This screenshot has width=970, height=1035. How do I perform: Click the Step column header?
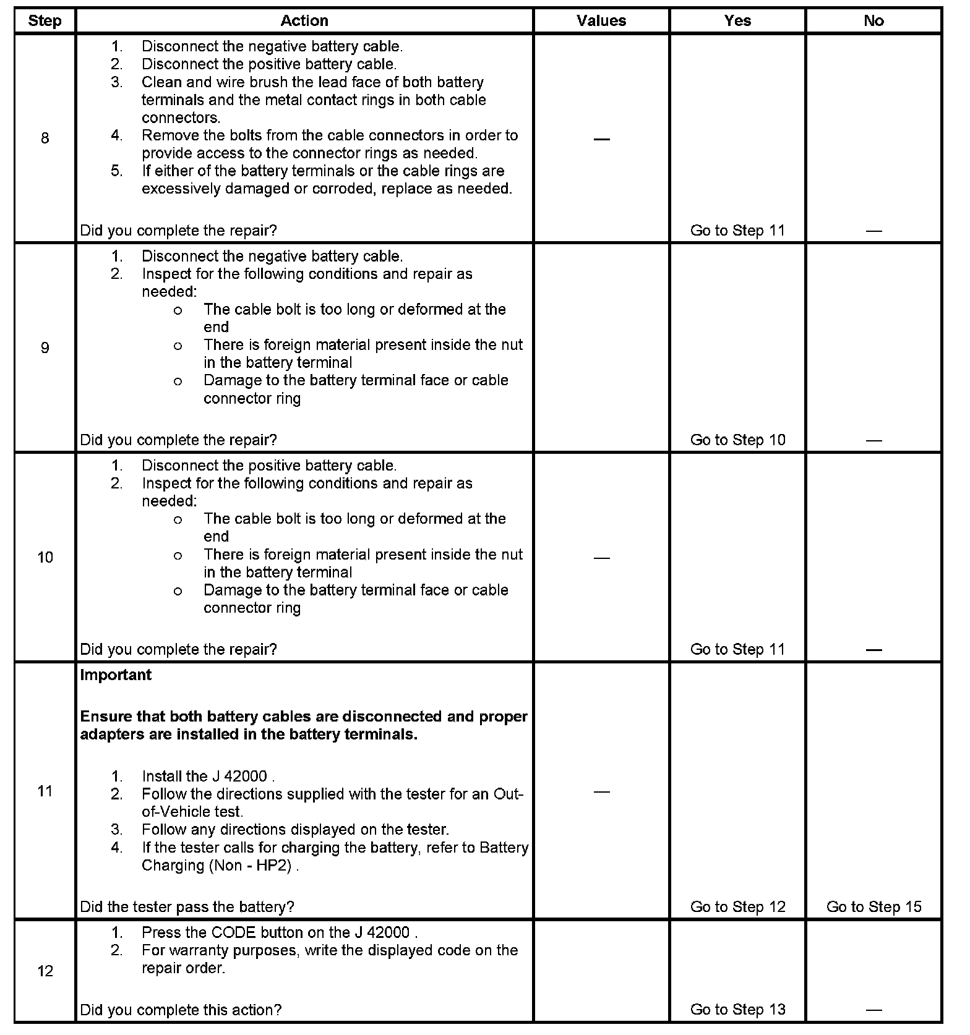tap(45, 21)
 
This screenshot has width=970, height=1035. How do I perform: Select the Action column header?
tap(304, 21)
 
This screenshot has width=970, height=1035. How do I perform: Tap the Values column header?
tap(601, 21)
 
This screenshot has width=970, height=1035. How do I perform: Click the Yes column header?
tap(737, 21)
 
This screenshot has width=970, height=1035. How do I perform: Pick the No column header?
tap(873, 21)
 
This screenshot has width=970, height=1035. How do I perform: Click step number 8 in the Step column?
tap(45, 138)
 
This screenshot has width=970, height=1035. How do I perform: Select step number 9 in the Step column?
tap(45, 348)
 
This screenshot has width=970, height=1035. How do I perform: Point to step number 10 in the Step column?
tap(45, 558)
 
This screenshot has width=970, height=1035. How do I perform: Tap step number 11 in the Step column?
tap(45, 791)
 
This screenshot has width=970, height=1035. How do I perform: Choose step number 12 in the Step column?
tap(45, 971)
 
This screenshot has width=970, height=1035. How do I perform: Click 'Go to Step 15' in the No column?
tap(873, 907)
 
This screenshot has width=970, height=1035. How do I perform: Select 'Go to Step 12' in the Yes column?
tap(737, 907)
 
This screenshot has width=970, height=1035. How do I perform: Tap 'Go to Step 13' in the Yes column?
tap(737, 1010)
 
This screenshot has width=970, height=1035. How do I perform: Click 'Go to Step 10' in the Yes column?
tap(737, 440)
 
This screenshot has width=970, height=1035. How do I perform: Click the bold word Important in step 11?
tap(116, 675)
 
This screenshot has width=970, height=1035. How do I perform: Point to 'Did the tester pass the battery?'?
tap(187, 907)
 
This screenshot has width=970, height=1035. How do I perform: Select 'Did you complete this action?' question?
tap(181, 1010)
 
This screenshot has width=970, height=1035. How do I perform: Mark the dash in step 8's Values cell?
tap(601, 139)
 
